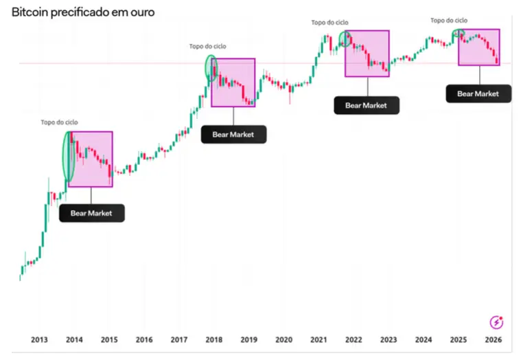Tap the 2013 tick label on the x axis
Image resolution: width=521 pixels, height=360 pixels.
[39, 339]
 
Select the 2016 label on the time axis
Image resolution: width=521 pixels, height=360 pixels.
[144, 339]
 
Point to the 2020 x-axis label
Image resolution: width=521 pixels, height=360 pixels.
[283, 339]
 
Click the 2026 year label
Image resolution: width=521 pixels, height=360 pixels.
[493, 339]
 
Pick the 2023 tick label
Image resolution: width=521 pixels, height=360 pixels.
[389, 339]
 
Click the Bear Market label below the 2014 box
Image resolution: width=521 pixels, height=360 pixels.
[91, 213]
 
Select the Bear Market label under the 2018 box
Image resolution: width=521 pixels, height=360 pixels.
[233, 135]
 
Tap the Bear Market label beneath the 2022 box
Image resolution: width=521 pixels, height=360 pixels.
[366, 105]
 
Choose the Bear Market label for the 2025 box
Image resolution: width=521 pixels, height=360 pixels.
[478, 93]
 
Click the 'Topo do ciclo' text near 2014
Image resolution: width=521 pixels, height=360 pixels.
[59, 122]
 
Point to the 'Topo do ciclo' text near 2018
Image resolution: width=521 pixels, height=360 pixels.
[207, 47]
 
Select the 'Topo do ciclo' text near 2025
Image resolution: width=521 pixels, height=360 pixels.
[449, 21]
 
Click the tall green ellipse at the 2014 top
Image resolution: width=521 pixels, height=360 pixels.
[67, 157]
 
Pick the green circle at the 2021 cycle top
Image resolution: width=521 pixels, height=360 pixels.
[345, 38]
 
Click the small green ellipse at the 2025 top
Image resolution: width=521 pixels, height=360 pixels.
[458, 33]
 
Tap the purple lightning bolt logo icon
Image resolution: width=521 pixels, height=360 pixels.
[496, 322]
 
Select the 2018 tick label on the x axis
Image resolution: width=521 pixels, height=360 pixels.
[214, 339]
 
